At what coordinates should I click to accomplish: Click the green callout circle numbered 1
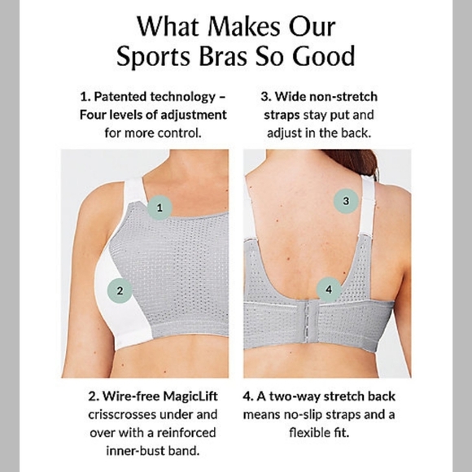tap(160, 208)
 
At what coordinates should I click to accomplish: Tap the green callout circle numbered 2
tap(120, 291)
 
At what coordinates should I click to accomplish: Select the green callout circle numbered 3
tap(346, 201)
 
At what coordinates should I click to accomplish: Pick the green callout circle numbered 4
tap(329, 290)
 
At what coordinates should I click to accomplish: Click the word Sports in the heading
tap(154, 56)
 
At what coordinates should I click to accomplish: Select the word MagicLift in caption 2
tap(190, 396)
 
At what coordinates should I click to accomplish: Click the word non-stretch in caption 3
tap(343, 97)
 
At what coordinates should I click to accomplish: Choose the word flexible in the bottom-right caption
tap(310, 433)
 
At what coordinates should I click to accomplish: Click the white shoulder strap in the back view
tap(369, 205)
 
